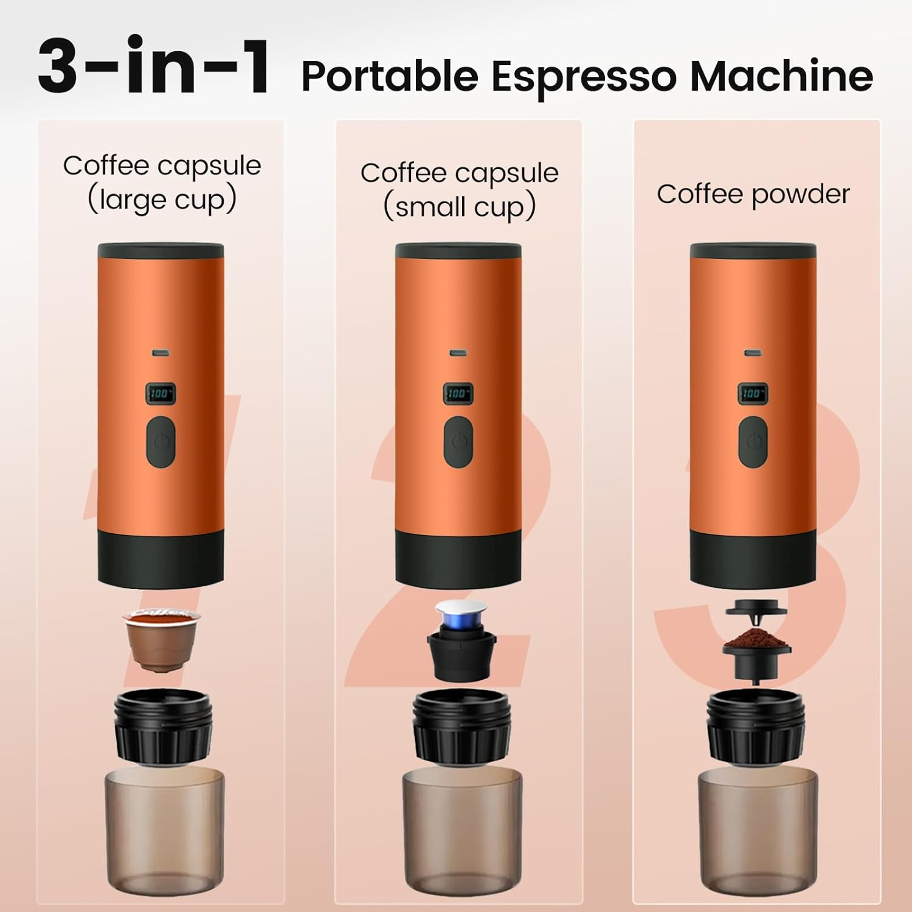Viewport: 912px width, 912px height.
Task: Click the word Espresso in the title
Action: pos(583,77)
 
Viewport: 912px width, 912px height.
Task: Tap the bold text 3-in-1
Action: pos(154,67)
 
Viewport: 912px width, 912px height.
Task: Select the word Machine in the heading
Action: pos(781,77)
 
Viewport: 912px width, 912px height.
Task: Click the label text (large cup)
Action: pos(162,200)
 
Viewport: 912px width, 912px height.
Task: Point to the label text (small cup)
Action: pos(459,207)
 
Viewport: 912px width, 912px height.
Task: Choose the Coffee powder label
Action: pos(753,195)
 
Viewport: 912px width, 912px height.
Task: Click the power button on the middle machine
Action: pos(458,442)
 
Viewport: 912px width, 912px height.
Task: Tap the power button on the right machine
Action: pos(753,442)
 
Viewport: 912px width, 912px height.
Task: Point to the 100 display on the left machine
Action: pos(161,394)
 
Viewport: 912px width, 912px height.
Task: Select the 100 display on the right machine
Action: pos(753,393)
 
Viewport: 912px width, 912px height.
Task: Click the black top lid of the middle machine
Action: pos(458,251)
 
